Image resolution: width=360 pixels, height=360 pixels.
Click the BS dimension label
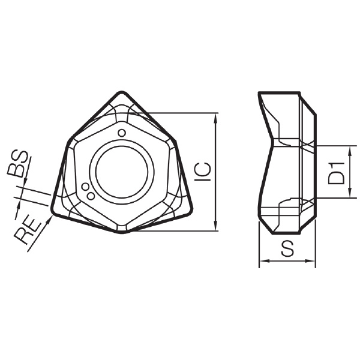pos(18,164)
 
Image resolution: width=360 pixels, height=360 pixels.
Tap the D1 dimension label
pos(336,173)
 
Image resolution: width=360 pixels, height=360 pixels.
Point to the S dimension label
pos(287,248)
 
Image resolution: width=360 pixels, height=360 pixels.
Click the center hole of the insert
pos(122,172)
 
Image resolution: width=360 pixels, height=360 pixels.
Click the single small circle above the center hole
pos(121,133)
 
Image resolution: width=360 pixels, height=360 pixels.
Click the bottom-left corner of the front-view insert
pos(52,212)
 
